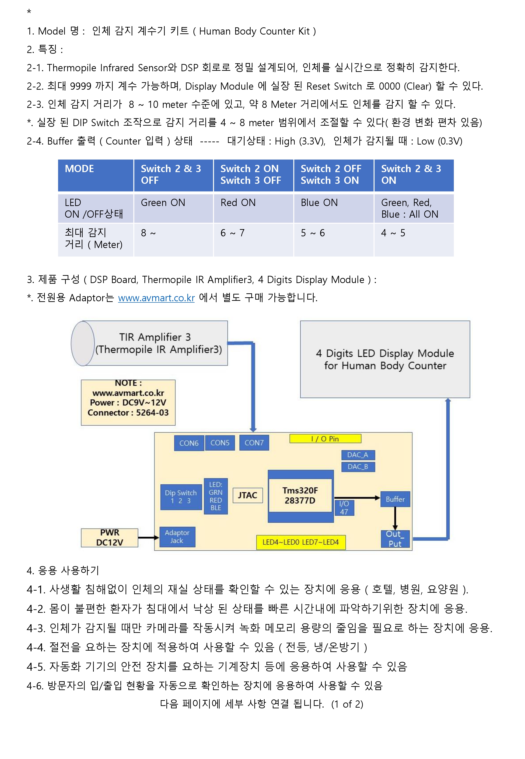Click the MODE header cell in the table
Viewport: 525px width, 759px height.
[x=96, y=175]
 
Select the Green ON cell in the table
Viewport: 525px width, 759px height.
[x=173, y=208]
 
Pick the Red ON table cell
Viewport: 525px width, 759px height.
[x=253, y=208]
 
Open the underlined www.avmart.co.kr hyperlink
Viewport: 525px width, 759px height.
[x=156, y=298]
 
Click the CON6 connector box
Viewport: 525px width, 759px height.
[x=189, y=443]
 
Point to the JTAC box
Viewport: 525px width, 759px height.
[x=248, y=495]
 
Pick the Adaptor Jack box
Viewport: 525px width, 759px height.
[x=177, y=537]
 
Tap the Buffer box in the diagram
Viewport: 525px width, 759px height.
[x=395, y=499]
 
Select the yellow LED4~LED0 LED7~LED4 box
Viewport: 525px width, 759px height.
[x=301, y=542]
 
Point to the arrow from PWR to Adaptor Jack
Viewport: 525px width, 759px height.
[x=149, y=538]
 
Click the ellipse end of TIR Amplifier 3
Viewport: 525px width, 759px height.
[x=83, y=343]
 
